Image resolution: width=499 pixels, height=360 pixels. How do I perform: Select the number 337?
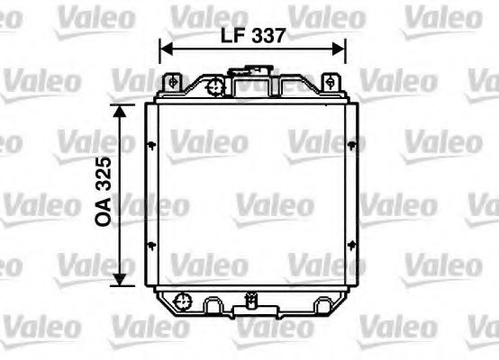[x=268, y=36]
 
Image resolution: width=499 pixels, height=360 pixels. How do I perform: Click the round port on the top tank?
[x=214, y=87]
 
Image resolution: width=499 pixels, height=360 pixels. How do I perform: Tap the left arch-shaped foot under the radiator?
[x=213, y=308]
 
